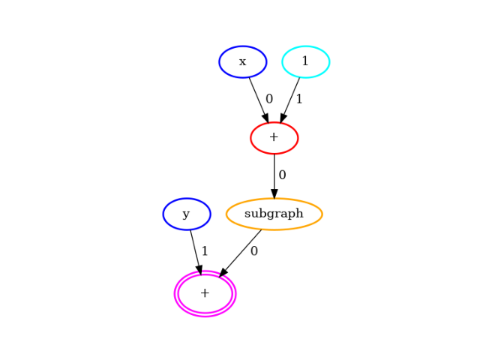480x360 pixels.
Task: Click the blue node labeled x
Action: (242, 61)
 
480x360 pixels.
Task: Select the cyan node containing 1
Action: (305, 61)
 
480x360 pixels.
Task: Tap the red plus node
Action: (274, 138)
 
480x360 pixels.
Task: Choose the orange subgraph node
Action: (274, 214)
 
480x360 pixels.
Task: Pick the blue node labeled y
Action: (186, 214)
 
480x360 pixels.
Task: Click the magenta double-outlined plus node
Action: (205, 293)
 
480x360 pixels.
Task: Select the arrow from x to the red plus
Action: (258, 98)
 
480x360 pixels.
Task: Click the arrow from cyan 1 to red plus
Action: (290, 98)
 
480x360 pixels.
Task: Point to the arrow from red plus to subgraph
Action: (274, 175)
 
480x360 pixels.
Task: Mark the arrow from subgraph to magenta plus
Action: (241, 252)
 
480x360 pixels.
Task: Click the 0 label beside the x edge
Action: (269, 98)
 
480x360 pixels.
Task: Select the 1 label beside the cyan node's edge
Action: (299, 98)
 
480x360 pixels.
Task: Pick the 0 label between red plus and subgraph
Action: (282, 175)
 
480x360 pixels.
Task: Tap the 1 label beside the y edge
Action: (205, 251)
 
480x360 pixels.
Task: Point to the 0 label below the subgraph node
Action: (254, 251)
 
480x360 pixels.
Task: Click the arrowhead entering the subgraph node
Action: (274, 193)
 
